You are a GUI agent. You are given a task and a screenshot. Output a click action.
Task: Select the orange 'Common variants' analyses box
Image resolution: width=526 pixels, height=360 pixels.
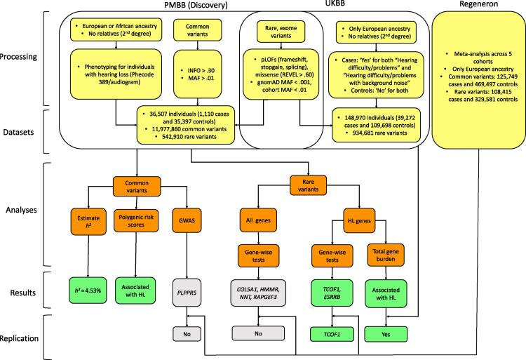(x=135, y=189)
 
